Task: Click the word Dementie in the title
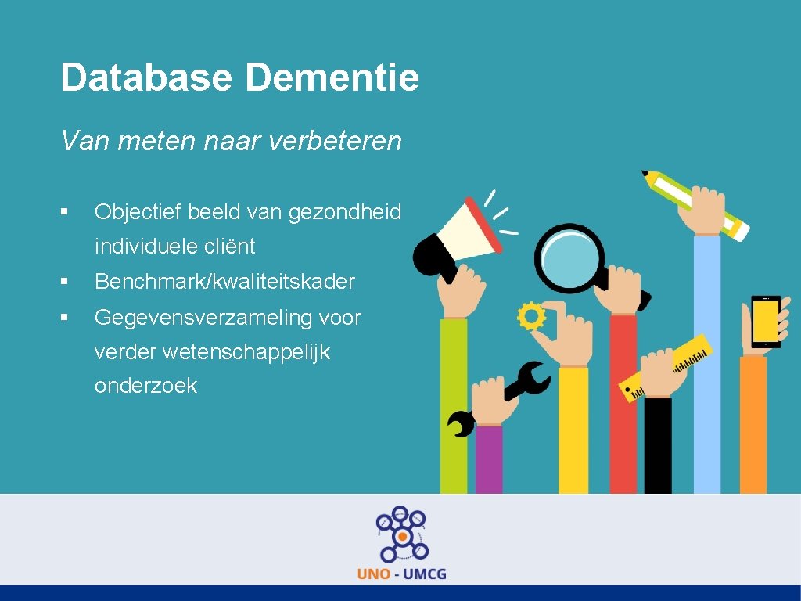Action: click(332, 78)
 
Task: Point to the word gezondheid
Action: click(345, 212)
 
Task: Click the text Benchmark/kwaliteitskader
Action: click(224, 282)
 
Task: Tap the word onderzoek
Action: click(145, 386)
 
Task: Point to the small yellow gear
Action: click(532, 316)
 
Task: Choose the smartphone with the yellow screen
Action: click(766, 321)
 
